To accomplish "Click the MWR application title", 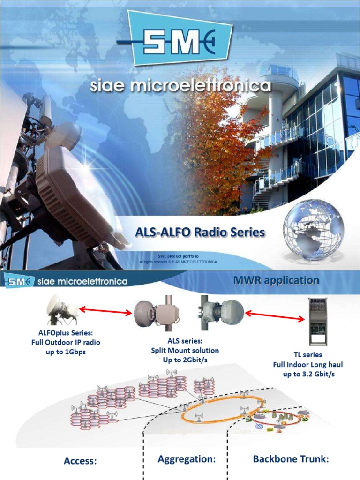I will [x=276, y=280].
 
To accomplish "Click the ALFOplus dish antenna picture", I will [x=62, y=310].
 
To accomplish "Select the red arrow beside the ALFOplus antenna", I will [x=105, y=310].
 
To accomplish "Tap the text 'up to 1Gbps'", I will [x=66, y=352].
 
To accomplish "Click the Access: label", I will [x=80, y=461].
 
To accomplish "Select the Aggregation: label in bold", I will [x=187, y=459].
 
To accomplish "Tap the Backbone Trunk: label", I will [x=291, y=459].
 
